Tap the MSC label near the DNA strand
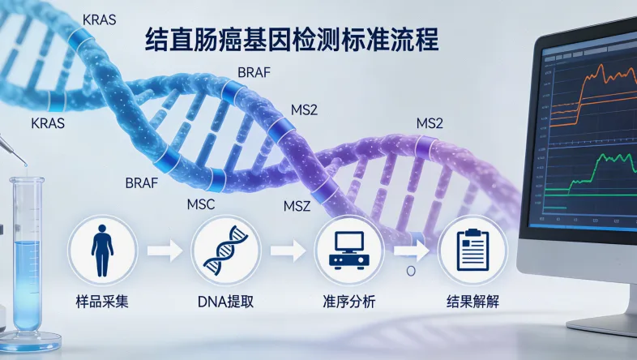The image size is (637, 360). pyautogui.click(x=200, y=204)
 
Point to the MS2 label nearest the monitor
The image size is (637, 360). pyautogui.click(x=430, y=123)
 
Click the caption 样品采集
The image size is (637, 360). pyautogui.click(x=100, y=302)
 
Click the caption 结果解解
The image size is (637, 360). pyautogui.click(x=472, y=302)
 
